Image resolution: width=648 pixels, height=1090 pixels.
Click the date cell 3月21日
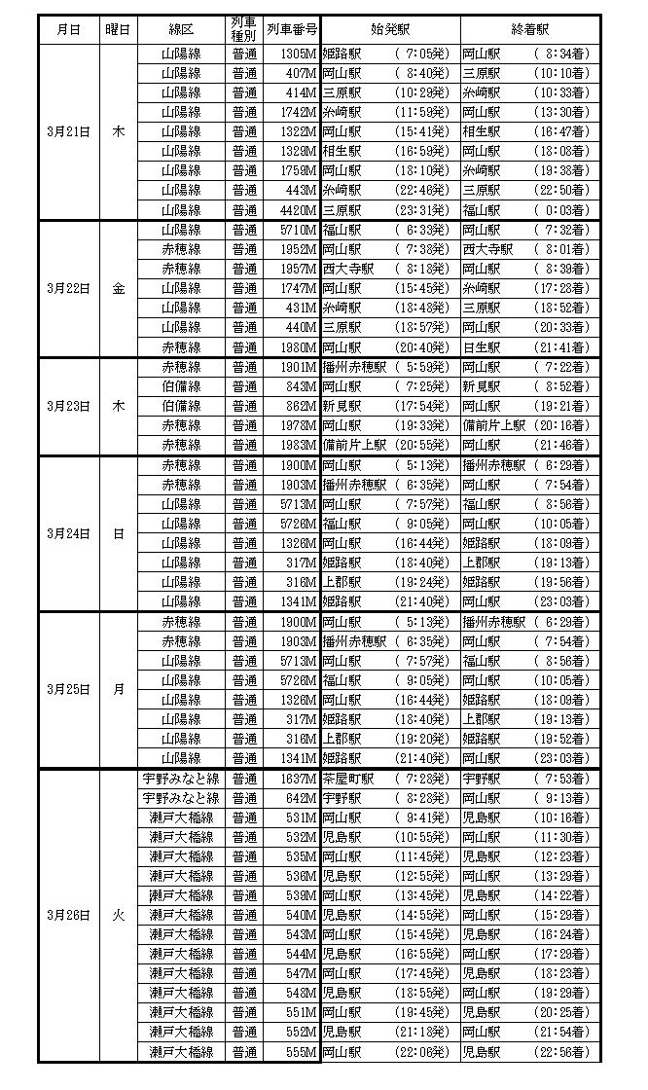[69, 131]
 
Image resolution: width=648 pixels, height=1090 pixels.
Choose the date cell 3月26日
[69, 916]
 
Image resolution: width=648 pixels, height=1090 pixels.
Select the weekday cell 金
[119, 288]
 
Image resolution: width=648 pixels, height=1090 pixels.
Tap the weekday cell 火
[119, 916]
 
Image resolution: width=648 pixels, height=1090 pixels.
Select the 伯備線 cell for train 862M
[181, 406]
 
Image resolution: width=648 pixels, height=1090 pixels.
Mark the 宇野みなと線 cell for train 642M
[181, 798]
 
